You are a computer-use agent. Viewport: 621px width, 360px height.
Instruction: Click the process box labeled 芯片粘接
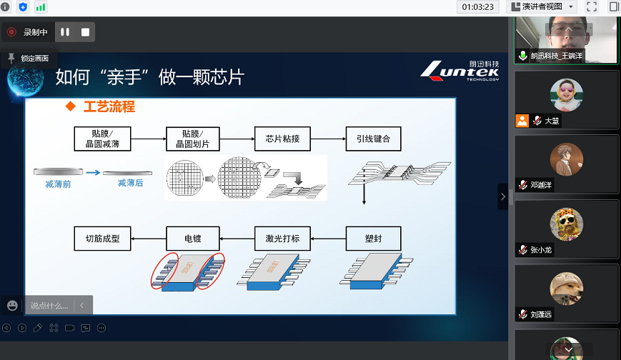click(282, 139)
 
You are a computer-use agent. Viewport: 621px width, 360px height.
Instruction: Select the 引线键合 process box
click(373, 139)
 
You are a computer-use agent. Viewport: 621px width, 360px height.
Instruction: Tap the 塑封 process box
click(373, 238)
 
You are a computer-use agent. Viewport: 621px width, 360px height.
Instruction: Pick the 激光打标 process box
click(282, 238)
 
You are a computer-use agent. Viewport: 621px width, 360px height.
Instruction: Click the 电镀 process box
click(191, 238)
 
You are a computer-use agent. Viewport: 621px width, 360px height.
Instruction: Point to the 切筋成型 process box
click(102, 238)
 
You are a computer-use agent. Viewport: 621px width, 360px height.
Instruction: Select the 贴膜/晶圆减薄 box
click(102, 139)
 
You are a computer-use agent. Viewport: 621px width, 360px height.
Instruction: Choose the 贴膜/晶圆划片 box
click(191, 139)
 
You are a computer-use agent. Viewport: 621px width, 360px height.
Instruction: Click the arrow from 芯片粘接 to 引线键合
click(327, 139)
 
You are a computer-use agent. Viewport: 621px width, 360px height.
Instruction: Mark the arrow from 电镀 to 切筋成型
click(147, 238)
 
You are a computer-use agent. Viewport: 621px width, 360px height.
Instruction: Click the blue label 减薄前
click(59, 184)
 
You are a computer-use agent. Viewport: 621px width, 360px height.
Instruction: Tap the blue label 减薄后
click(130, 184)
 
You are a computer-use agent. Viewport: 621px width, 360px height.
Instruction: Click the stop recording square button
click(85, 32)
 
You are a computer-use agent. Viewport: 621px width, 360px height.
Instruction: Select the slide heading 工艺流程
click(109, 107)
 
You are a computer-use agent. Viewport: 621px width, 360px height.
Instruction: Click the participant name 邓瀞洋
click(541, 184)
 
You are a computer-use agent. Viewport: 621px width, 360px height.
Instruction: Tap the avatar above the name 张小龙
click(566, 224)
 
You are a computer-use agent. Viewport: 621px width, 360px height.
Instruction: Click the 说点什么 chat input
click(49, 306)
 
